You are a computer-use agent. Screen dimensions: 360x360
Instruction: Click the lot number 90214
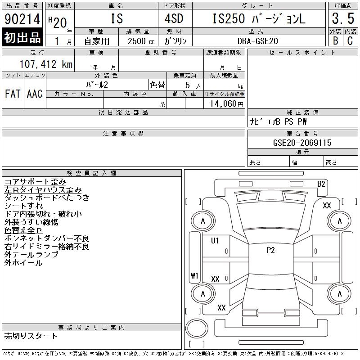[x=22, y=19]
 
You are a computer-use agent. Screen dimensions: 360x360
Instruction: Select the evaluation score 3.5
[x=342, y=19]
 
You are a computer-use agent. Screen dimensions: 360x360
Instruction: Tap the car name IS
[x=117, y=19]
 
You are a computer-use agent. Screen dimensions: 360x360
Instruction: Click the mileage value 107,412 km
[x=46, y=64]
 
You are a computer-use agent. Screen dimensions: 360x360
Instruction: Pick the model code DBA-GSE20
[x=258, y=41]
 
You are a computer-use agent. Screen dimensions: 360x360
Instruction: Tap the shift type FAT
[x=13, y=94]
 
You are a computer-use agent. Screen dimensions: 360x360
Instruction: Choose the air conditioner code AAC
[x=35, y=94]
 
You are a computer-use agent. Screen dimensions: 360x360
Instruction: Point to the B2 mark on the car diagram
[x=321, y=184]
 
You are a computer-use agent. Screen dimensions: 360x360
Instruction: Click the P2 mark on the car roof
[x=270, y=251]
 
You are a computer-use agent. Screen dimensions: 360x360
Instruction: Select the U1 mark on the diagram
[x=215, y=241]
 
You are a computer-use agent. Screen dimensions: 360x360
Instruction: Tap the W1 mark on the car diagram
[x=194, y=276]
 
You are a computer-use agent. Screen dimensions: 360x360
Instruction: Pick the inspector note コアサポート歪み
[x=35, y=181]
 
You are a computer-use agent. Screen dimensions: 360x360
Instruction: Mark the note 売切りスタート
[x=31, y=336]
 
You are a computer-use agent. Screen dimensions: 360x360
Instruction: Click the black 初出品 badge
[x=22, y=38]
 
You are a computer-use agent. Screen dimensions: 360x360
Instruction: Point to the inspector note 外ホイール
[x=23, y=263]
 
